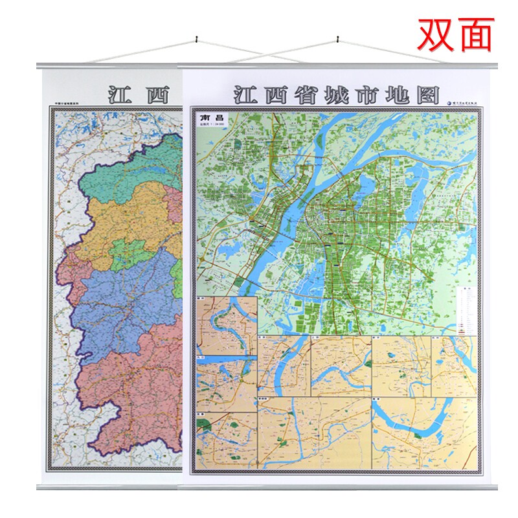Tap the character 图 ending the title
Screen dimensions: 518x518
[x=427, y=95]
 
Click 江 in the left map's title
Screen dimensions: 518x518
[x=120, y=95]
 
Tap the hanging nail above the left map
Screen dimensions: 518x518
[x=194, y=44]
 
